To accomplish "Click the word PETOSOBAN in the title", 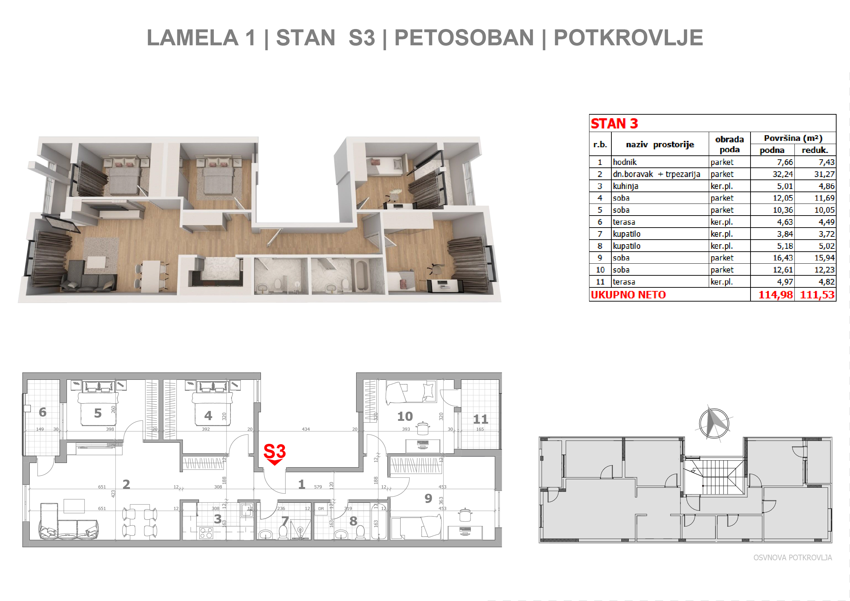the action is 464,38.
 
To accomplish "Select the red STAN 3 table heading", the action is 614,124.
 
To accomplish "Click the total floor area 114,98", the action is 775,294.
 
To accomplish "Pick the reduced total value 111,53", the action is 817,294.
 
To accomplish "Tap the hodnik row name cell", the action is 624,162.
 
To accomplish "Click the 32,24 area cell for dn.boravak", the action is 783,174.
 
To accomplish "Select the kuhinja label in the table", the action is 625,186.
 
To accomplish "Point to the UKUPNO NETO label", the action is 628,294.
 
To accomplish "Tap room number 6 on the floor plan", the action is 42,412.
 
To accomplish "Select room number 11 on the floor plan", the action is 480,419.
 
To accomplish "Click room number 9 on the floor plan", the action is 428,498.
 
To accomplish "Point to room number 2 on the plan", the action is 126,484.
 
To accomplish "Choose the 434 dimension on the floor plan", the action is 306,429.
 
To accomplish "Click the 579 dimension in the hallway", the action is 318,487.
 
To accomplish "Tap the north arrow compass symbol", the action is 714,423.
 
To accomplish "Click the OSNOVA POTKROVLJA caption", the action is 793,558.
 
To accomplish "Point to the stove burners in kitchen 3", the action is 206,533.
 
